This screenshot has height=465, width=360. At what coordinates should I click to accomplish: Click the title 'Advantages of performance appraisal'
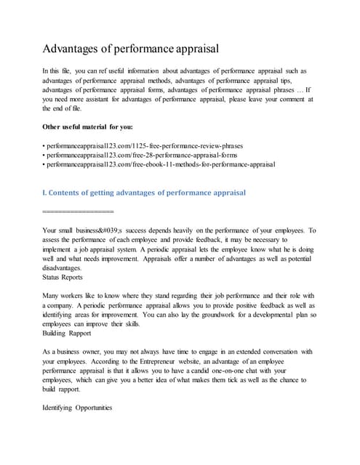142,49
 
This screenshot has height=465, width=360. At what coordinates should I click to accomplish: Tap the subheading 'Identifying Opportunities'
78,409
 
